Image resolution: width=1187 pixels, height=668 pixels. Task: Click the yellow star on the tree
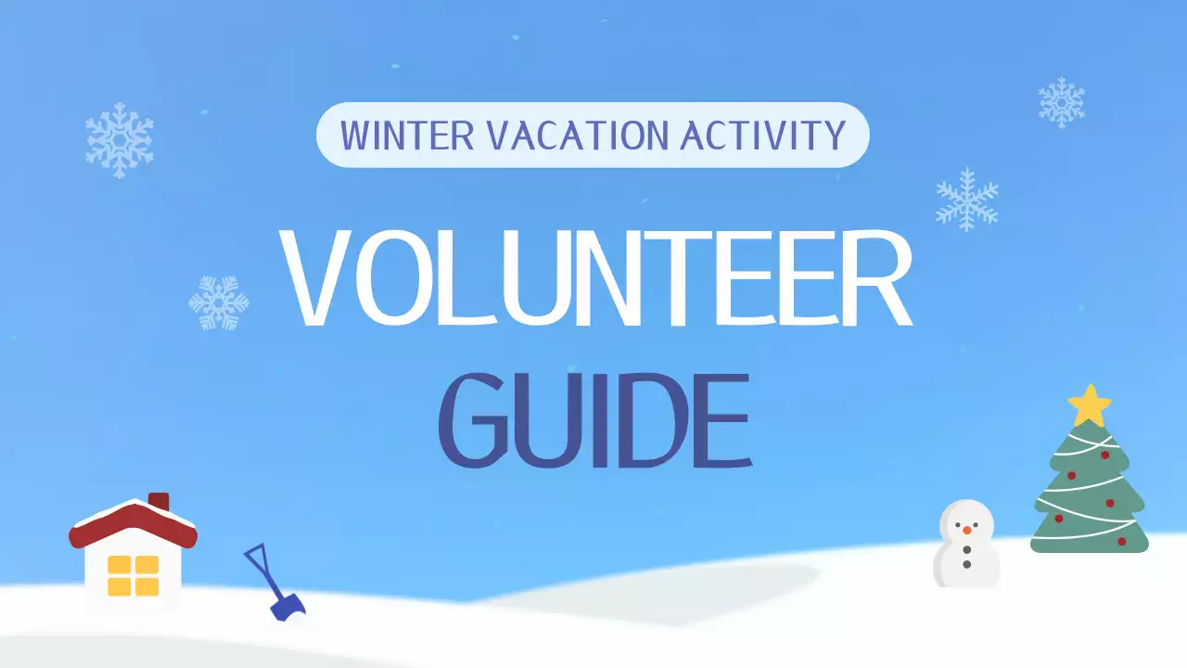[x=1089, y=405]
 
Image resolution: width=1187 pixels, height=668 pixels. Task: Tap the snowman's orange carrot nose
[x=966, y=530]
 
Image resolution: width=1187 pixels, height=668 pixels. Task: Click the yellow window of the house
[x=134, y=574]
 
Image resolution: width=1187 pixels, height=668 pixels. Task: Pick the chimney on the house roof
[x=159, y=502]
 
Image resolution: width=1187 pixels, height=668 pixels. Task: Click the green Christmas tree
[x=1089, y=492]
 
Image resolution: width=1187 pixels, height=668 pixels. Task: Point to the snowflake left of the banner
[x=120, y=140]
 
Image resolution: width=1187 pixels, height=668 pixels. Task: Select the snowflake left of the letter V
[x=219, y=302]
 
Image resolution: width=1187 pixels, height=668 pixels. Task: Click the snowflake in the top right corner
[x=1061, y=102]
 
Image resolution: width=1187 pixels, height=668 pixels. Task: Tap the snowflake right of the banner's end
[x=967, y=199]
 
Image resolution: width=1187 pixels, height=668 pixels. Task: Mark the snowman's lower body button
[x=966, y=564]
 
